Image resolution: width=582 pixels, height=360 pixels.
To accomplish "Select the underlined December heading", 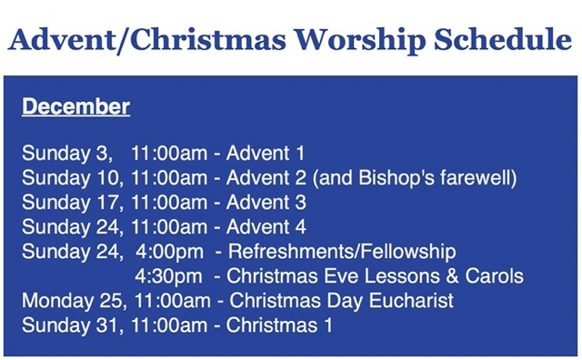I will tap(75, 107).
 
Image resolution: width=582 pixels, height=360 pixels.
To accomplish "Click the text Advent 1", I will tap(265, 152).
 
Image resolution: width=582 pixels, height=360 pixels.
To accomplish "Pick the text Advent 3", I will tap(266, 202).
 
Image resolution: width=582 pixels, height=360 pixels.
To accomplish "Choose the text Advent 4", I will tap(266, 226).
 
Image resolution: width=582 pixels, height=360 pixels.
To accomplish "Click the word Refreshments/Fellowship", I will tap(341, 251).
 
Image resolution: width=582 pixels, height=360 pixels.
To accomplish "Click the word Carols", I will tap(497, 275).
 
